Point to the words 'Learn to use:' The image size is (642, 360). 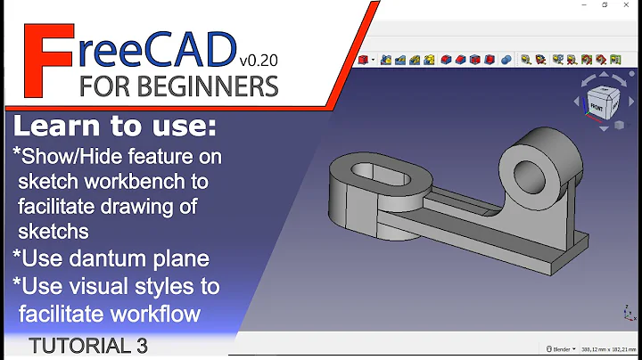tap(114, 127)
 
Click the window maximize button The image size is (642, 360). tap(605, 5)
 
